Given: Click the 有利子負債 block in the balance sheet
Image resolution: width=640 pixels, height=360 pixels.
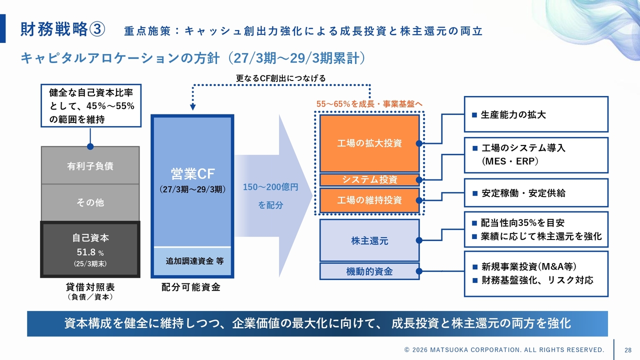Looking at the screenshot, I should pyautogui.click(x=90, y=165).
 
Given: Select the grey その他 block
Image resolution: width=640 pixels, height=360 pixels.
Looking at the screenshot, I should pyautogui.click(x=90, y=202).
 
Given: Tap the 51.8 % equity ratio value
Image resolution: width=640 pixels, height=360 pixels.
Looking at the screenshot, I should pyautogui.click(x=90, y=252).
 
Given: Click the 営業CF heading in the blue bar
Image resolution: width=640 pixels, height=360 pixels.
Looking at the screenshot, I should pyautogui.click(x=192, y=174).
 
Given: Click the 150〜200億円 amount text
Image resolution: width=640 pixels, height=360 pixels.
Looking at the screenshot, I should pyautogui.click(x=270, y=187).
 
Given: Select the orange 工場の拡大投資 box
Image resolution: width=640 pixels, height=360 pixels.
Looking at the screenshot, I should pyautogui.click(x=369, y=143).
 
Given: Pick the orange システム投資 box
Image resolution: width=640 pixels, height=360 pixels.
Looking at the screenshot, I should pyautogui.click(x=369, y=180).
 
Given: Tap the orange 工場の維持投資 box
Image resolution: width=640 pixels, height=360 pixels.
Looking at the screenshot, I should pyautogui.click(x=369, y=200).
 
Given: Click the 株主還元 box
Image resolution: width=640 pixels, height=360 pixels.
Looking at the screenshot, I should pyautogui.click(x=369, y=240).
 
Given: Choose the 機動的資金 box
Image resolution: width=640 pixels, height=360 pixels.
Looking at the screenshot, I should pyautogui.click(x=369, y=271).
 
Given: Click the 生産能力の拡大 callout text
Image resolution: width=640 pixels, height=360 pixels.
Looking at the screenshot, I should pyautogui.click(x=513, y=114).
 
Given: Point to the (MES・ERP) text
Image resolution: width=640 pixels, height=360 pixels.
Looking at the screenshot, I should pyautogui.click(x=510, y=162).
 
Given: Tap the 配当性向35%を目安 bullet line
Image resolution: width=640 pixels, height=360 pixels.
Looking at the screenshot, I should pyautogui.click(x=522, y=223).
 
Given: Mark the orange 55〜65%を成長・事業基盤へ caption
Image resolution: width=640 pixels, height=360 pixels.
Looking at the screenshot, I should pyautogui.click(x=369, y=103).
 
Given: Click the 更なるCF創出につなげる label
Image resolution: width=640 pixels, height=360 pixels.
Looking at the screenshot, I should pyautogui.click(x=281, y=78).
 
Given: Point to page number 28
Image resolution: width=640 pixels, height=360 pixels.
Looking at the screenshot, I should pyautogui.click(x=628, y=349).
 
